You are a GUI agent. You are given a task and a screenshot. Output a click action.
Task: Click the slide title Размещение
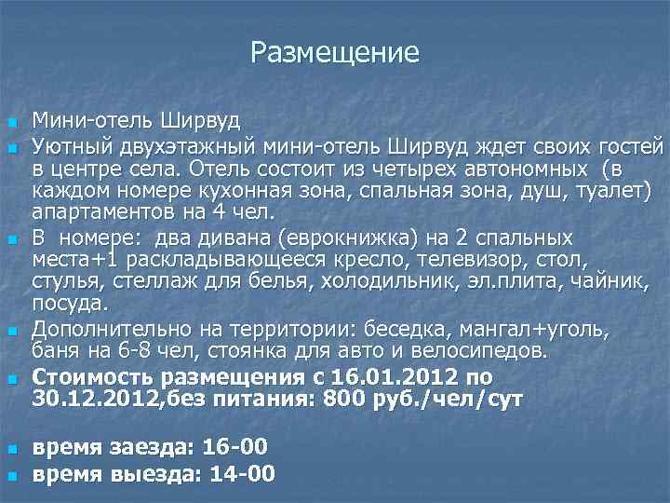[x=335, y=52]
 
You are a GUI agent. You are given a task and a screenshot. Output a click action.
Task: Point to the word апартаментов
[x=96, y=211]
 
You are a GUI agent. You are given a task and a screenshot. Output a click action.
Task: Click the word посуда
[x=71, y=303]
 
